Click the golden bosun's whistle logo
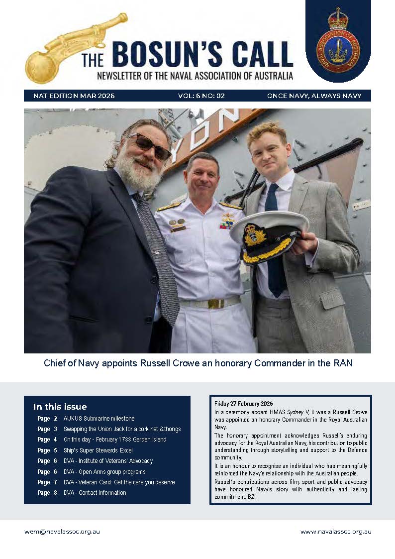[75, 47]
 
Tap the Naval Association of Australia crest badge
[338, 42]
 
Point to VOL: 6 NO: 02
[201, 96]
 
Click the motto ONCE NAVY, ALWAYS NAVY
[317, 96]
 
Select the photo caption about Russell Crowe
[197, 363]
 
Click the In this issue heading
[60, 407]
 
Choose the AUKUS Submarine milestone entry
[99, 419]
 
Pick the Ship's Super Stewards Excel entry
[98, 450]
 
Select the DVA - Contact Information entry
[95, 493]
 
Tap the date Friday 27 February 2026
[243, 403]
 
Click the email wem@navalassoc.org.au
[62, 532]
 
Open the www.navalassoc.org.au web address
[335, 532]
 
